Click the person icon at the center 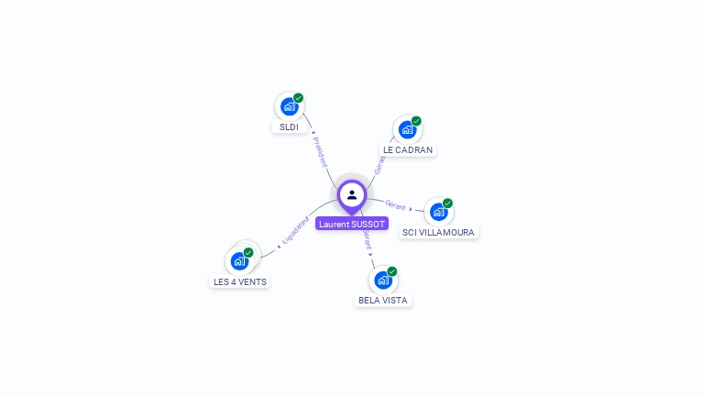point(352,194)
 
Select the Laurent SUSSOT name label point(352,224)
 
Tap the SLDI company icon point(289,106)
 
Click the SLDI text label point(289,126)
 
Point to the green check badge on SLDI point(299,98)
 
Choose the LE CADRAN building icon point(407,129)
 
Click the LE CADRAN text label point(408,149)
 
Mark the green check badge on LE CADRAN point(416,121)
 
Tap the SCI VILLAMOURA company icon point(438,212)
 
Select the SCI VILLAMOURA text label point(438,232)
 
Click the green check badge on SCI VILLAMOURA point(447,203)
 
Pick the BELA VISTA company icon point(382,280)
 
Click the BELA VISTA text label point(383,300)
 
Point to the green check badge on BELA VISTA point(392,271)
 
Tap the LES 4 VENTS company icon point(239,260)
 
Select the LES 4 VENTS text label point(240,281)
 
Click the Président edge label point(321,151)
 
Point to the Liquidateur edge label point(295,230)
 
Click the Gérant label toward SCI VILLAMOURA point(396,205)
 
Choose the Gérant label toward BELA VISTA point(367,241)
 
